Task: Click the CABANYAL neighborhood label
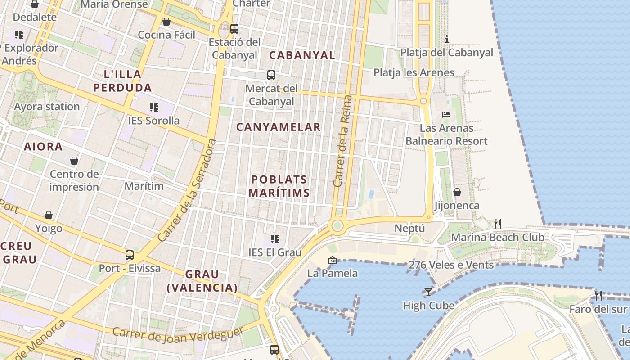(302, 55)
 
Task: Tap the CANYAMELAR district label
(278, 127)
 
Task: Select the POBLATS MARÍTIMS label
(279, 186)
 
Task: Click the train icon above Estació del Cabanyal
(234, 28)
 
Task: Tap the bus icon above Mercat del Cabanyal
(271, 75)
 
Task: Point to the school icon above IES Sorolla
(154, 107)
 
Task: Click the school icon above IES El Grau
(275, 238)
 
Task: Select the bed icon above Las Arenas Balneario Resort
(446, 114)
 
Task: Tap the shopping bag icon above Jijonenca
(457, 192)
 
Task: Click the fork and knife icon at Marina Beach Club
(498, 223)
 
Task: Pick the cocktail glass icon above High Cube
(428, 292)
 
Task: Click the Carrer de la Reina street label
(343, 141)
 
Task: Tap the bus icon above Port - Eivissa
(130, 255)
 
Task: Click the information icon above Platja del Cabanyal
(447, 39)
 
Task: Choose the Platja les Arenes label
(414, 72)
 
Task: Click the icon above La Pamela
(333, 260)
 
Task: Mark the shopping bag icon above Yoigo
(49, 215)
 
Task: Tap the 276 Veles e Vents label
(451, 265)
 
